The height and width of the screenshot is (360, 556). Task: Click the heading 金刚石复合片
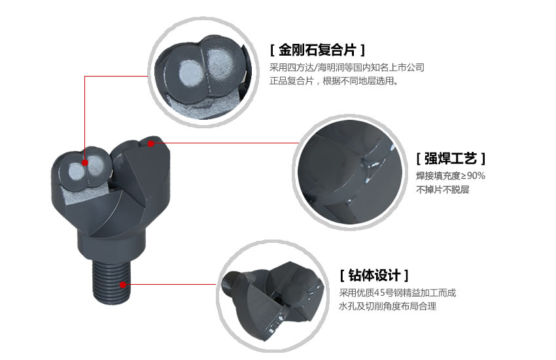pyautogui.click(x=317, y=50)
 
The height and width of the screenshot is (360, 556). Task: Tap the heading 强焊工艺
pyautogui.click(x=451, y=158)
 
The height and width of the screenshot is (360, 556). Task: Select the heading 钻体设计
pyautogui.click(x=375, y=274)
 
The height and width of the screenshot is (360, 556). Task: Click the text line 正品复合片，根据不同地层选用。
pyautogui.click(x=334, y=82)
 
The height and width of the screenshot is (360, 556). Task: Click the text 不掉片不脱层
pyautogui.click(x=443, y=190)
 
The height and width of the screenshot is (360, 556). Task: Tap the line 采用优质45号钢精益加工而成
pyautogui.click(x=397, y=293)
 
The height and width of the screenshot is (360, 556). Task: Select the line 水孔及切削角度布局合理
pyautogui.click(x=387, y=306)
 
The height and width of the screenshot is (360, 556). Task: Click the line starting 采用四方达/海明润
pyautogui.click(x=347, y=67)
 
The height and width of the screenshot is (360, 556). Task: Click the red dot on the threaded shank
pyautogui.click(x=124, y=285)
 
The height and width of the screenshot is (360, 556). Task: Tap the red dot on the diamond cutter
pyautogui.click(x=85, y=162)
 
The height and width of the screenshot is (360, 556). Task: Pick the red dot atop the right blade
pyautogui.click(x=151, y=143)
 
